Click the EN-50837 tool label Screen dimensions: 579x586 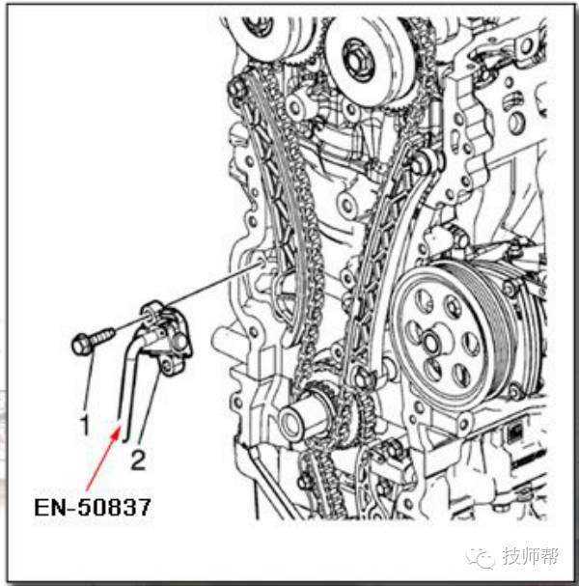(93, 507)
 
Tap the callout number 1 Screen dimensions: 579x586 (86, 425)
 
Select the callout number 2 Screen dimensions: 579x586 (138, 460)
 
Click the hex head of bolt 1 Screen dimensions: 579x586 (81, 345)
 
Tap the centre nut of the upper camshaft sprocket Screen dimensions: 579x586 (357, 61)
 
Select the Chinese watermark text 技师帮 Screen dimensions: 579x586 (531, 556)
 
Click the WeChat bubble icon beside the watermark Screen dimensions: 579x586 (482, 557)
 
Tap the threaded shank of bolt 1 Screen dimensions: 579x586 (101, 335)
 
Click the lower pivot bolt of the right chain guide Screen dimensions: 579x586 (360, 377)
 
